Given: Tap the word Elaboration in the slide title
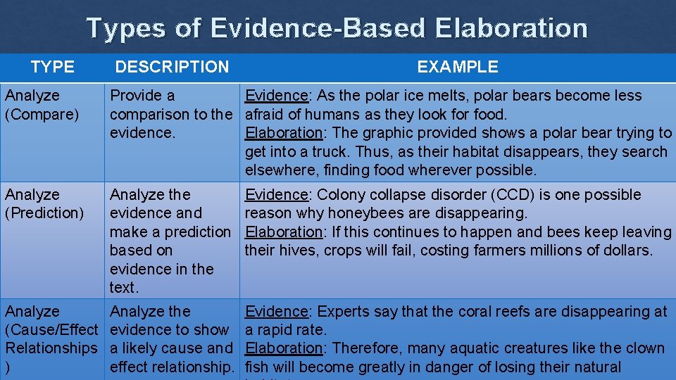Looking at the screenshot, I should (511, 28).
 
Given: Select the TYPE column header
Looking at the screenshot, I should (52, 67).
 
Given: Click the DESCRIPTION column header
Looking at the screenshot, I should (172, 67).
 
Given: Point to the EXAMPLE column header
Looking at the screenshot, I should (457, 67).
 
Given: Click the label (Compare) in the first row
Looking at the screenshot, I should (42, 114).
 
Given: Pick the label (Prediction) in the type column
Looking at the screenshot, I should (44, 213).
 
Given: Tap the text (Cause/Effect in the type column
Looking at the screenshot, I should (51, 329).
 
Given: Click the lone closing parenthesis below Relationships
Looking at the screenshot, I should (8, 367).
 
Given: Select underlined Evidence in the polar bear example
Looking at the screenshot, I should (277, 96).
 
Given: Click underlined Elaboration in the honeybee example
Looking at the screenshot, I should (283, 232).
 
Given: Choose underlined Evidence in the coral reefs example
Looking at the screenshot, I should (277, 311).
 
